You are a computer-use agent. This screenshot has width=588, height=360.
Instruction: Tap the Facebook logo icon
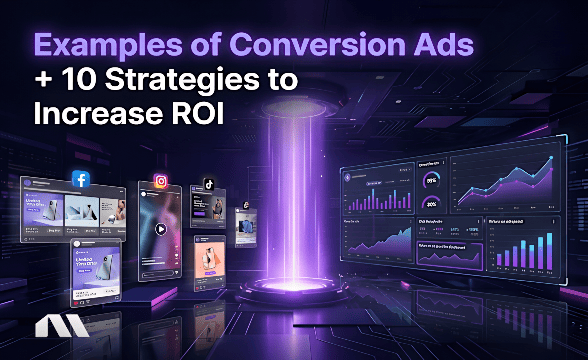[81, 180]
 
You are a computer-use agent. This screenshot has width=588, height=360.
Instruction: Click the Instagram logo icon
[161, 182]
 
